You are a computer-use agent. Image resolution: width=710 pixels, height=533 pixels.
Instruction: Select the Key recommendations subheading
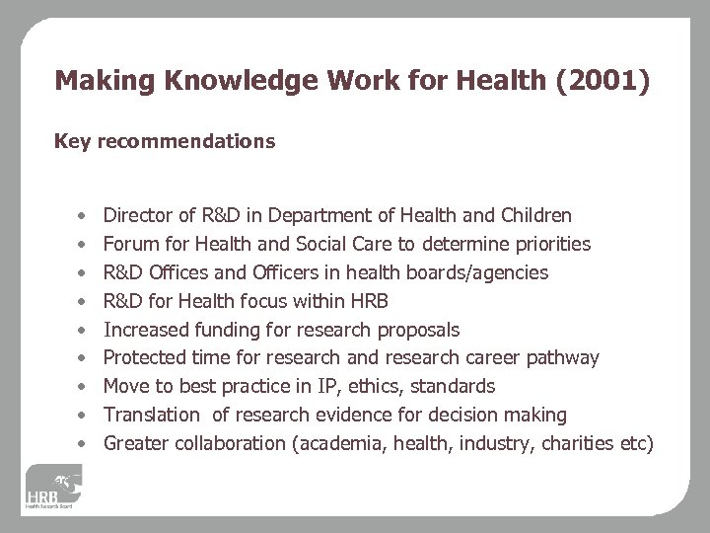coord(165,141)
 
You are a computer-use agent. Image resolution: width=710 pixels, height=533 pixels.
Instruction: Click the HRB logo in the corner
coord(54,488)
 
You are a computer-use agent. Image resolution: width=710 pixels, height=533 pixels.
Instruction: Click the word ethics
coord(374,386)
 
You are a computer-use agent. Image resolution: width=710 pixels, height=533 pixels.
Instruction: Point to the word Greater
coord(136,443)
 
